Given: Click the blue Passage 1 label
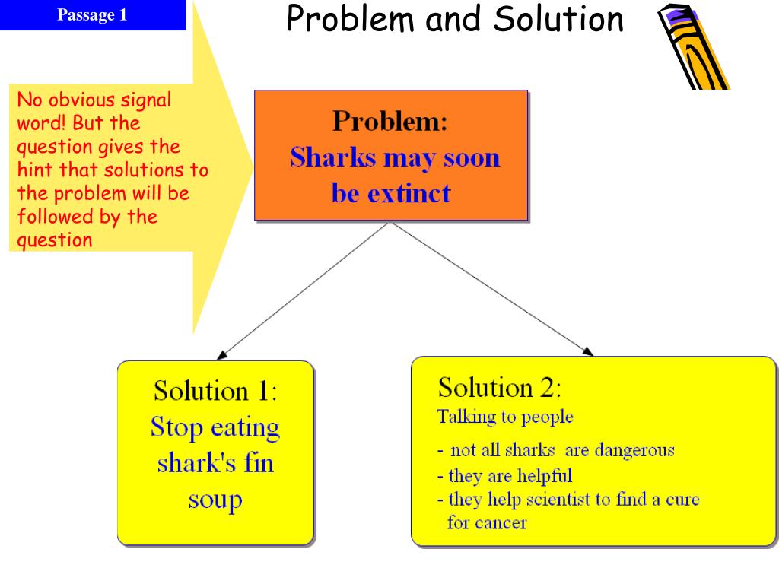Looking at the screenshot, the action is pos(92,15).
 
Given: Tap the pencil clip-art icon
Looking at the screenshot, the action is pos(694,47).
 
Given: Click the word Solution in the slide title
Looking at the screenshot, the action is pos(558,19).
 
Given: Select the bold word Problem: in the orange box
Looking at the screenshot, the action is pos(390,121).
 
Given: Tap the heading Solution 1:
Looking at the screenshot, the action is pos(215,390).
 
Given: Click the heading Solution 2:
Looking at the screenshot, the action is pos(500,387).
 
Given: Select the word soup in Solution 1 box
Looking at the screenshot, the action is pos(215,500).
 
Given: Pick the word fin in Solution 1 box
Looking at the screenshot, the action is pos(259,462).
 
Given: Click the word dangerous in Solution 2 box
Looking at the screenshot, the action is pos(634,450).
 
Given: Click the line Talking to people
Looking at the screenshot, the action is pos(505,417).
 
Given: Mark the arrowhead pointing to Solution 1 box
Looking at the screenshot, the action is pos(222,355).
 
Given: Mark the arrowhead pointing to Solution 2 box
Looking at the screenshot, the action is pos(588,351).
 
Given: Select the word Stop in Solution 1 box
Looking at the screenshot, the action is pos(176,427).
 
